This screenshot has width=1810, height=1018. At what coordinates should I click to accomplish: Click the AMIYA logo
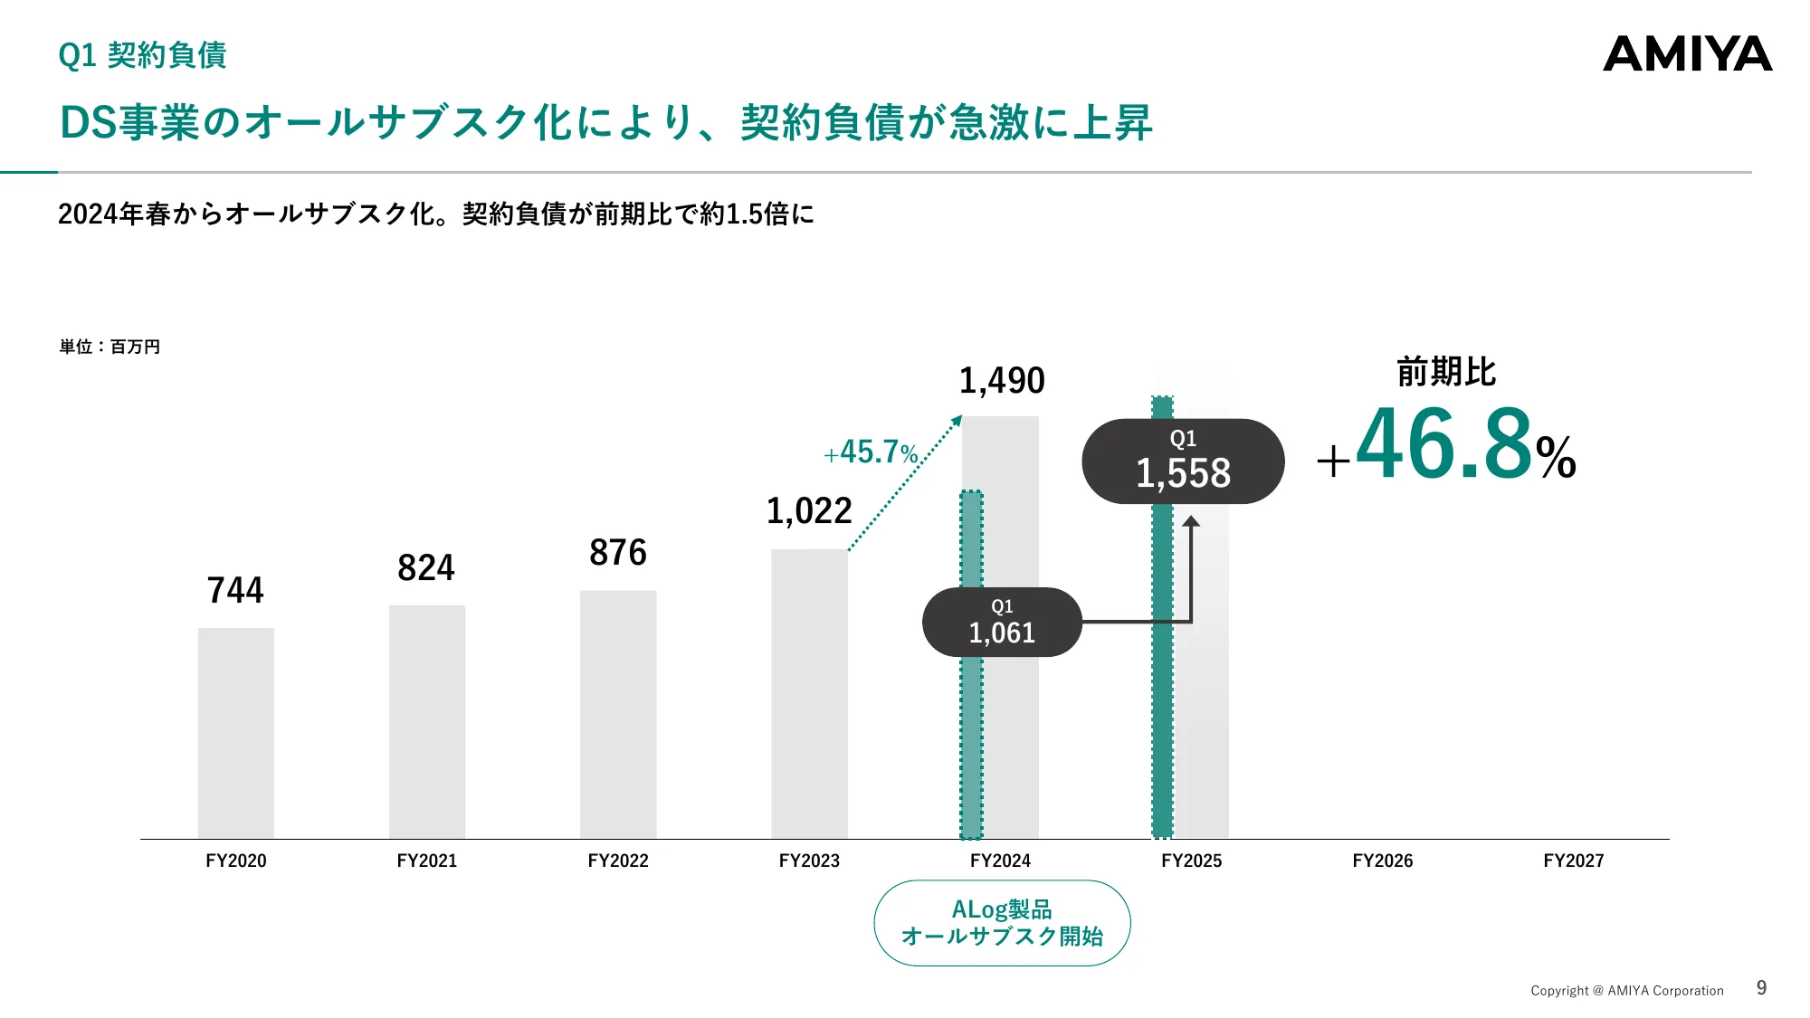click(x=1687, y=54)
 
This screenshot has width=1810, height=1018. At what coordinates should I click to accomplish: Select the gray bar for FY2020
click(x=236, y=733)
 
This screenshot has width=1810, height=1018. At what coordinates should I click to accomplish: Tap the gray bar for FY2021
click(x=427, y=721)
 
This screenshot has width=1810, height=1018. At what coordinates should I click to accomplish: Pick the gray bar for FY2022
click(x=618, y=714)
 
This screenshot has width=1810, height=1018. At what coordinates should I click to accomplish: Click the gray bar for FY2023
click(x=809, y=693)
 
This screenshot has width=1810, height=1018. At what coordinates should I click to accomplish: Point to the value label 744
click(x=235, y=590)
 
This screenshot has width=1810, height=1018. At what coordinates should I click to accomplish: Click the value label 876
click(x=618, y=552)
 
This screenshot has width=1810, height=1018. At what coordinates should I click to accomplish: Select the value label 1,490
click(x=1002, y=380)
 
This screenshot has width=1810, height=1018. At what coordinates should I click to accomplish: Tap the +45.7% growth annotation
click(x=871, y=452)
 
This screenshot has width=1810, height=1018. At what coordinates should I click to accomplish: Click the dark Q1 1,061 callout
click(x=1002, y=622)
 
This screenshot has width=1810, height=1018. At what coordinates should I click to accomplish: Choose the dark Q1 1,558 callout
click(x=1183, y=461)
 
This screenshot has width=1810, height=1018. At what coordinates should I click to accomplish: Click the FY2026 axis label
click(x=1382, y=861)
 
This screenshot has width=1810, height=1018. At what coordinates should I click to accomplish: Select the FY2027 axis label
click(x=1573, y=861)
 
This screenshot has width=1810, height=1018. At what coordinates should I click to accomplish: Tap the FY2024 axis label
click(x=1000, y=861)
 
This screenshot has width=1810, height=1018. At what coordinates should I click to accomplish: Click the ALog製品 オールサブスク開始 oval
click(x=1002, y=923)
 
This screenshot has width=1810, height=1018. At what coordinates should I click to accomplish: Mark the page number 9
click(x=1761, y=988)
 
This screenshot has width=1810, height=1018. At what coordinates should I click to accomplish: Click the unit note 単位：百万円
click(x=110, y=347)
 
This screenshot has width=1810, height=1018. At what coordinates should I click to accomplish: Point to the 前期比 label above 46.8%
click(x=1446, y=372)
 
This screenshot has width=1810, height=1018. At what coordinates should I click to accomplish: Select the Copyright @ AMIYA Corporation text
click(x=1626, y=991)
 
